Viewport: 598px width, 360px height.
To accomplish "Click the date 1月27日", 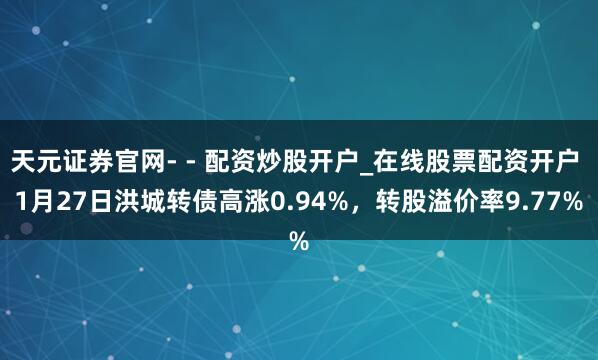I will (60, 203).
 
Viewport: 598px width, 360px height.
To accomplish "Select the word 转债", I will (185, 203).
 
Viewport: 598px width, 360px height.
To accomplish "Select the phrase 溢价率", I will (467, 203).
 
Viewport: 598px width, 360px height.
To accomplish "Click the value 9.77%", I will (547, 203).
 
